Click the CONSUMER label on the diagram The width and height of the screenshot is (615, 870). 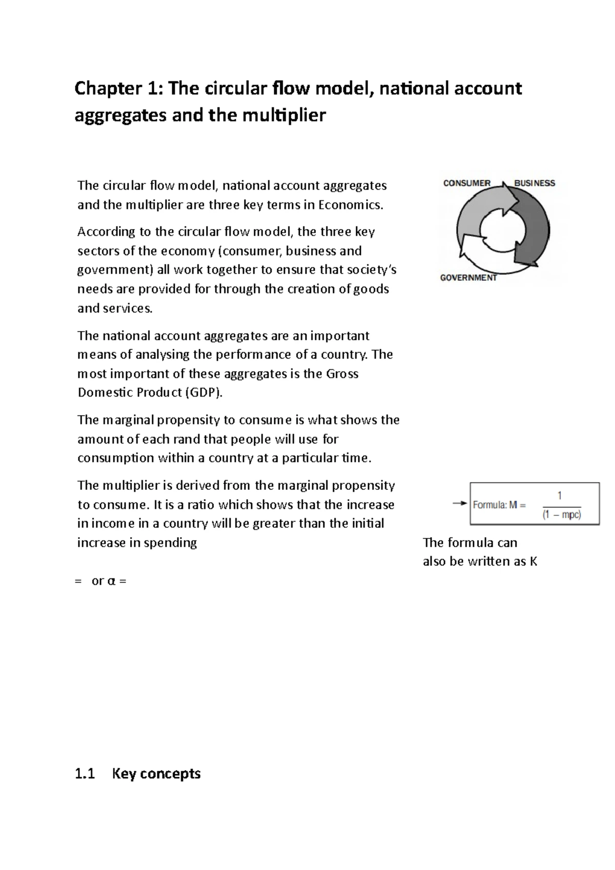466,183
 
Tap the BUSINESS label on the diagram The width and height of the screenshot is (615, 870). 535,183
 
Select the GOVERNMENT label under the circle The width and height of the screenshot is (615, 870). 468,278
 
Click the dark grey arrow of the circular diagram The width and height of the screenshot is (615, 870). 533,231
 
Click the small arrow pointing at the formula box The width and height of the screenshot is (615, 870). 460,504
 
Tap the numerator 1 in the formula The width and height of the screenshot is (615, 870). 560,495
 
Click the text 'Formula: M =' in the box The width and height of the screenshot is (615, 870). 499,505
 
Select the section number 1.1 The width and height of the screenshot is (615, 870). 85,774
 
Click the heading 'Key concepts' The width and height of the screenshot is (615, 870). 156,774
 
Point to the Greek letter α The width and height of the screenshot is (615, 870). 111,582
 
